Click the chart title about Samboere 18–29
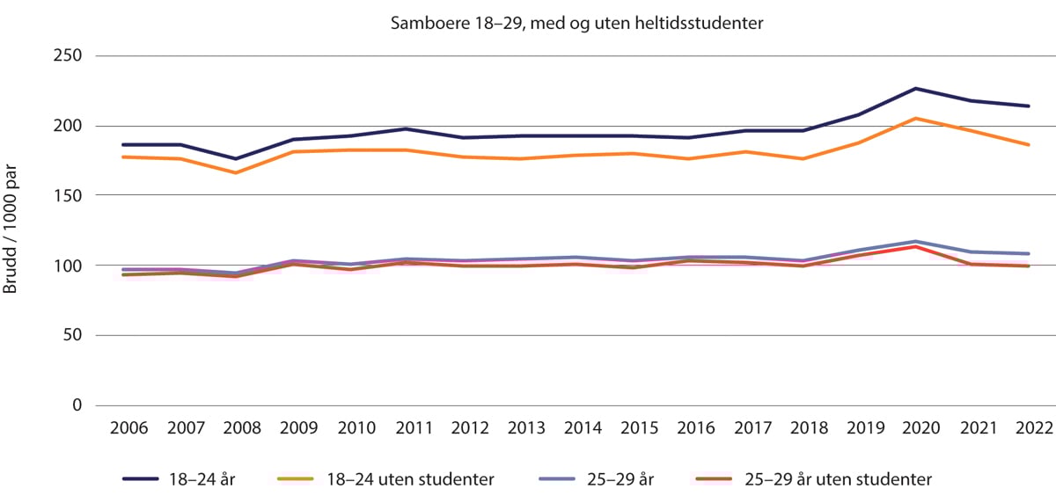coord(576,24)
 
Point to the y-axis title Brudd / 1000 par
coord(12,230)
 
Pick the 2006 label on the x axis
coord(128,428)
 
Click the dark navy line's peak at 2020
coord(915,89)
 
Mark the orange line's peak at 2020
coord(915,119)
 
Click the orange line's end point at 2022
coord(1030,145)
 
